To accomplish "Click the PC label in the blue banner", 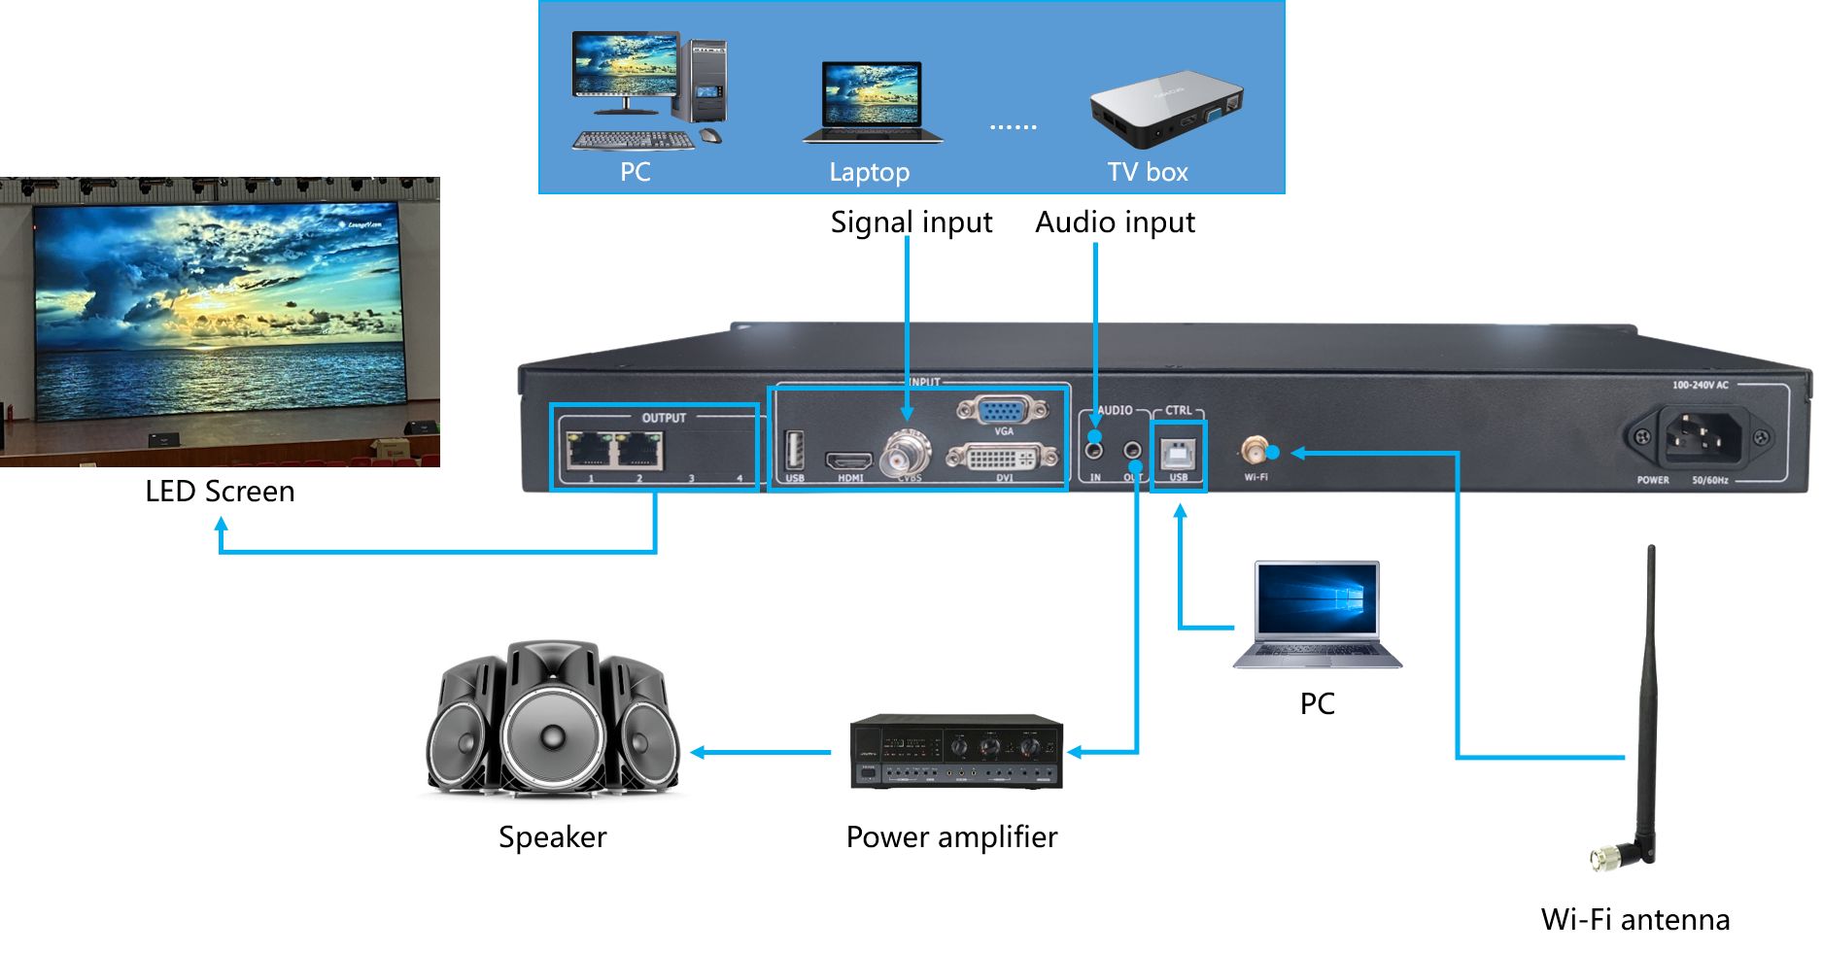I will (x=636, y=172).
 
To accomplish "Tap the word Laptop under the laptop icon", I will (x=869, y=172).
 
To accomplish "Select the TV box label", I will (x=1148, y=172).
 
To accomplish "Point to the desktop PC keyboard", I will (x=634, y=141).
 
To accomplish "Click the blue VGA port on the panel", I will (x=1002, y=411).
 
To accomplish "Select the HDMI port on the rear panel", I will (x=848, y=460).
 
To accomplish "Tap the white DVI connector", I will (x=1002, y=457).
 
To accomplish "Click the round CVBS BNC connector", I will (x=907, y=454).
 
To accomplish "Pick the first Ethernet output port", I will (x=588, y=451).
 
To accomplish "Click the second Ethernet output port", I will (x=639, y=451).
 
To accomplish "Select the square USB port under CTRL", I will (x=1179, y=454).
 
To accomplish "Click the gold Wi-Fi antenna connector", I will (x=1254, y=450).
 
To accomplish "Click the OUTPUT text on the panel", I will (x=664, y=418).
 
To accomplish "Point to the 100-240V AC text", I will (x=1700, y=385).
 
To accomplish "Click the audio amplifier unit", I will (x=956, y=751).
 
